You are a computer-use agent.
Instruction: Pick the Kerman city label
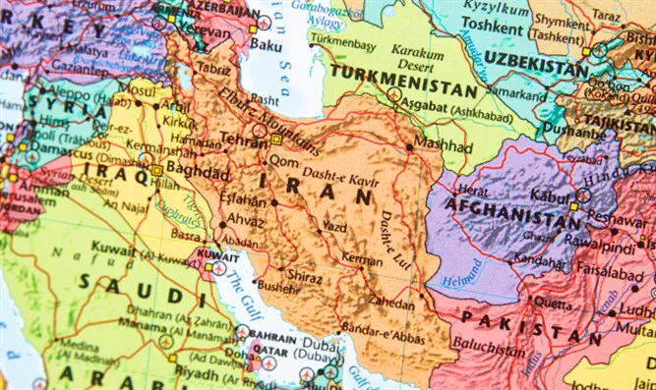pyautogui.click(x=362, y=257)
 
